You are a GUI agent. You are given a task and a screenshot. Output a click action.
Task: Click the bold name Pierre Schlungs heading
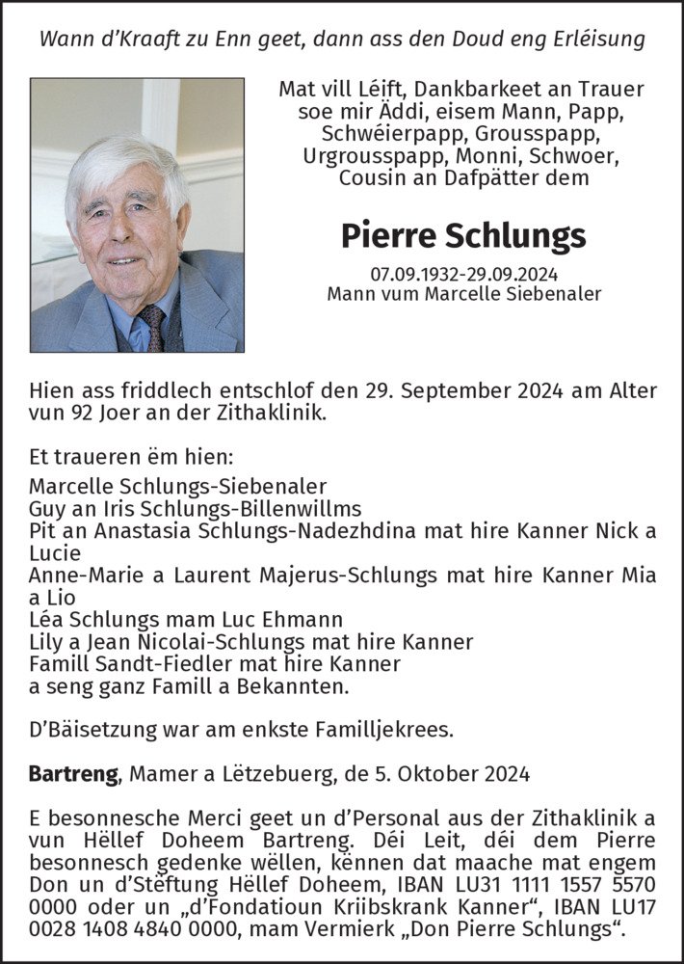[462, 234]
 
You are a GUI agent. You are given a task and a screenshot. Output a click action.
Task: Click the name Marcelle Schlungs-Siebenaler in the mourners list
[178, 486]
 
